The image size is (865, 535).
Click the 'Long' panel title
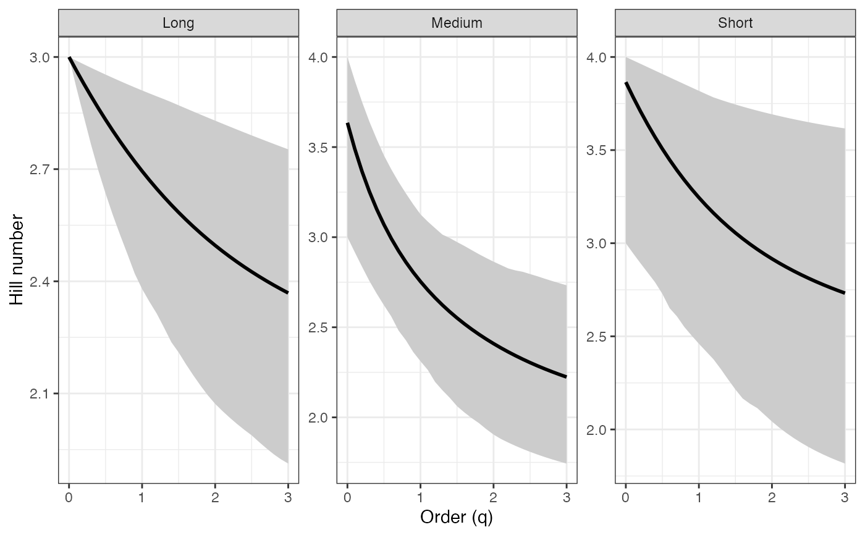pyautogui.click(x=178, y=23)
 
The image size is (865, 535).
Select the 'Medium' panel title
pyautogui.click(x=457, y=23)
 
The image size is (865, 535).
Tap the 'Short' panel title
pyautogui.click(x=735, y=23)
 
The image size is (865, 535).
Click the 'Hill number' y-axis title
pyautogui.click(x=17, y=259)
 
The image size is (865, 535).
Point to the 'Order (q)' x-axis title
pyautogui.click(x=457, y=517)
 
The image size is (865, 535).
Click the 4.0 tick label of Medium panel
pyautogui.click(x=319, y=57)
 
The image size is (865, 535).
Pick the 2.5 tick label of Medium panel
pyautogui.click(x=319, y=327)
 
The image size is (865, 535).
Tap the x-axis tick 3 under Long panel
pyautogui.click(x=288, y=497)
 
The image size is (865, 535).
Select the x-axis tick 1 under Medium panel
pyautogui.click(x=420, y=497)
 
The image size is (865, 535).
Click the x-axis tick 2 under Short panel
pyautogui.click(x=772, y=497)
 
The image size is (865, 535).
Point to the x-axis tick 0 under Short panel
pyautogui.click(x=626, y=497)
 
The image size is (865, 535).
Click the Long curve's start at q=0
pyautogui.click(x=69, y=57)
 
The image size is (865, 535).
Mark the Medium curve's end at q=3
pyautogui.click(x=566, y=376)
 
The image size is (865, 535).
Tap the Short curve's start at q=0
pyautogui.click(x=626, y=83)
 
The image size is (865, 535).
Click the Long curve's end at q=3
pyautogui.click(x=287, y=292)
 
